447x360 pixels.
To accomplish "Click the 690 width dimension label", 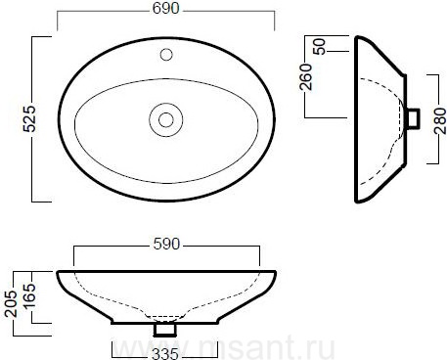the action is tap(165, 9).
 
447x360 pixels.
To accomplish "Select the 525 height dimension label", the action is tap(29, 118).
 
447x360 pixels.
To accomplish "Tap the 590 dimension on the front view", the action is tap(166, 244).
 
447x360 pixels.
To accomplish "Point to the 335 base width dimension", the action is tap(165, 354).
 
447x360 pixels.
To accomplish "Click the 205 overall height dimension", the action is tap(11, 303).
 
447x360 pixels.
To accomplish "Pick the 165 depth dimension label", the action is tap(28, 295).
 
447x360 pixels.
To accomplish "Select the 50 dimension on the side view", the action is tap(319, 47).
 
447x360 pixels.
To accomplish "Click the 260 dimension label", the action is tap(306, 77).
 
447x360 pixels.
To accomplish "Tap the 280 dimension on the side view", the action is tap(440, 121).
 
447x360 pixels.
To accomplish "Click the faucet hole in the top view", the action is tap(166, 55).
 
